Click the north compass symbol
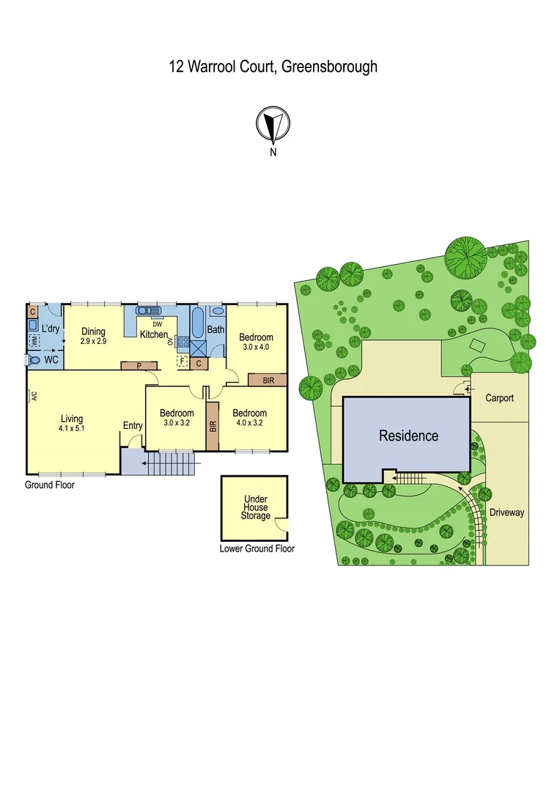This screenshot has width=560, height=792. [x=273, y=125]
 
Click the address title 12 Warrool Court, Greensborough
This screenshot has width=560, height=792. [x=273, y=67]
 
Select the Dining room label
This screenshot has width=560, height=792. [x=93, y=332]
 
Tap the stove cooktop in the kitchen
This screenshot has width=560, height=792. [x=183, y=341]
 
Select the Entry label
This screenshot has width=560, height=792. [x=133, y=426]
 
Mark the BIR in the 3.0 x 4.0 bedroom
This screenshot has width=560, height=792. [x=268, y=380]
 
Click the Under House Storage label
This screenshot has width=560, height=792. [x=256, y=507]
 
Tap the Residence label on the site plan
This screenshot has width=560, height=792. [x=408, y=436]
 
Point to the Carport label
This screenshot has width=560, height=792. [x=499, y=398]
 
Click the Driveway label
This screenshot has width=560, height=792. [x=507, y=513]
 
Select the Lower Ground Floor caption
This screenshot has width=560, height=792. [x=257, y=549]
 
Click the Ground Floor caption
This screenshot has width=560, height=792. [x=50, y=485]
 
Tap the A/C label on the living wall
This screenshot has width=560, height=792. [x=34, y=397]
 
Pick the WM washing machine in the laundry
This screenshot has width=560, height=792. [x=34, y=341]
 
